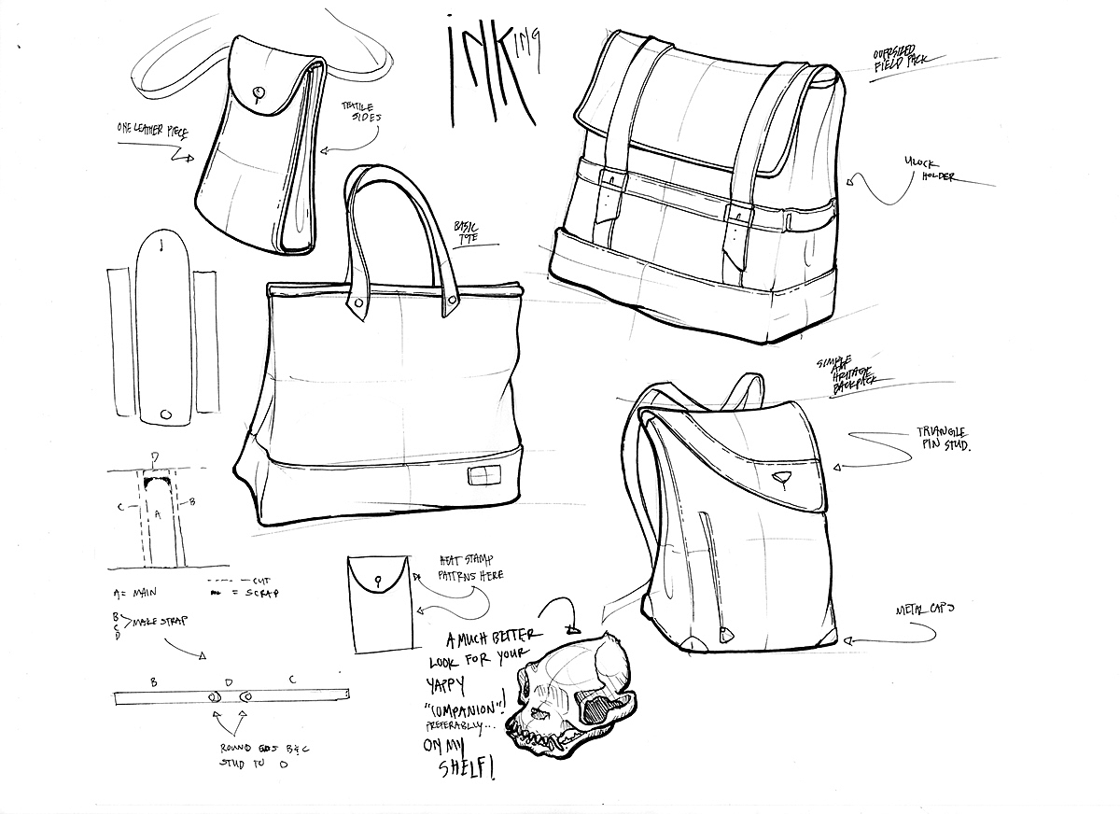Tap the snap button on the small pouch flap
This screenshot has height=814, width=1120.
click(258, 92)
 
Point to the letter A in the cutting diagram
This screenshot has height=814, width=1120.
click(159, 514)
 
